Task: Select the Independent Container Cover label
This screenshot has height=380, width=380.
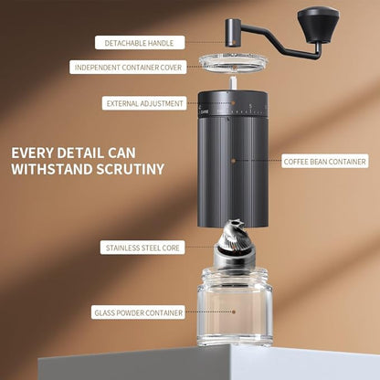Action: [128, 67]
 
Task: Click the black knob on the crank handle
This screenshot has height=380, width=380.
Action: [319, 20]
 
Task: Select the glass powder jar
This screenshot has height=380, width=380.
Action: [234, 311]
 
